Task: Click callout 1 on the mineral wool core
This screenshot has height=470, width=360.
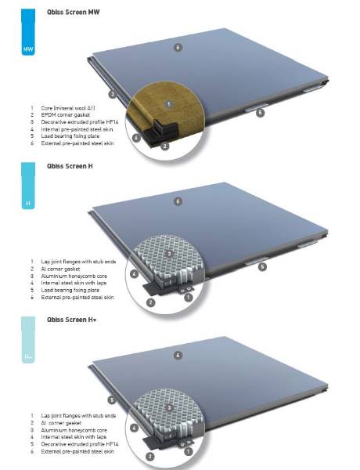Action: click(168, 102)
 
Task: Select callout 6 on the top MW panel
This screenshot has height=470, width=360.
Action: click(178, 48)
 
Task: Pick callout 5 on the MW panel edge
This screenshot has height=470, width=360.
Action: click(260, 112)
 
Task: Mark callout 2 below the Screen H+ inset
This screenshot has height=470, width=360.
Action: click(150, 455)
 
